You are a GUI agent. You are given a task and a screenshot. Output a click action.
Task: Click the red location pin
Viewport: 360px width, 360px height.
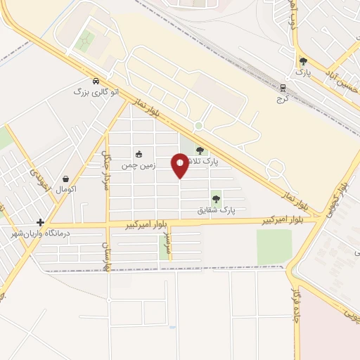tap(180, 165)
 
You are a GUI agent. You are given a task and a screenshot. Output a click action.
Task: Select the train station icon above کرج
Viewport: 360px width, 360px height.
tap(283, 88)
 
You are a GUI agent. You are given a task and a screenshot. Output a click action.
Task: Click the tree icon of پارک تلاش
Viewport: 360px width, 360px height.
tap(199, 150)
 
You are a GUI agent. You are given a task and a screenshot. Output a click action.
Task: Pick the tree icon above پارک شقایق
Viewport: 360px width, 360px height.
tap(216, 199)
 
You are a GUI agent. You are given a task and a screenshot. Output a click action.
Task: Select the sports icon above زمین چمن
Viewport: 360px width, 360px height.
tap(139, 155)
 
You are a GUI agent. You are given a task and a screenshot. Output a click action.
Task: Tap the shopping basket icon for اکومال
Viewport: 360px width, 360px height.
tap(65, 179)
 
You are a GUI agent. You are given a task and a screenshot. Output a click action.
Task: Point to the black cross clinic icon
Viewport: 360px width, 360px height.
tap(41, 222)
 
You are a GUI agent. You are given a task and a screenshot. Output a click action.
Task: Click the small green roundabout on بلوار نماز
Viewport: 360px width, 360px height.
tap(199, 127)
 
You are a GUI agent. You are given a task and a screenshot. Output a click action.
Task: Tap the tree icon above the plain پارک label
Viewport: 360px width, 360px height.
tap(303, 61)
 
